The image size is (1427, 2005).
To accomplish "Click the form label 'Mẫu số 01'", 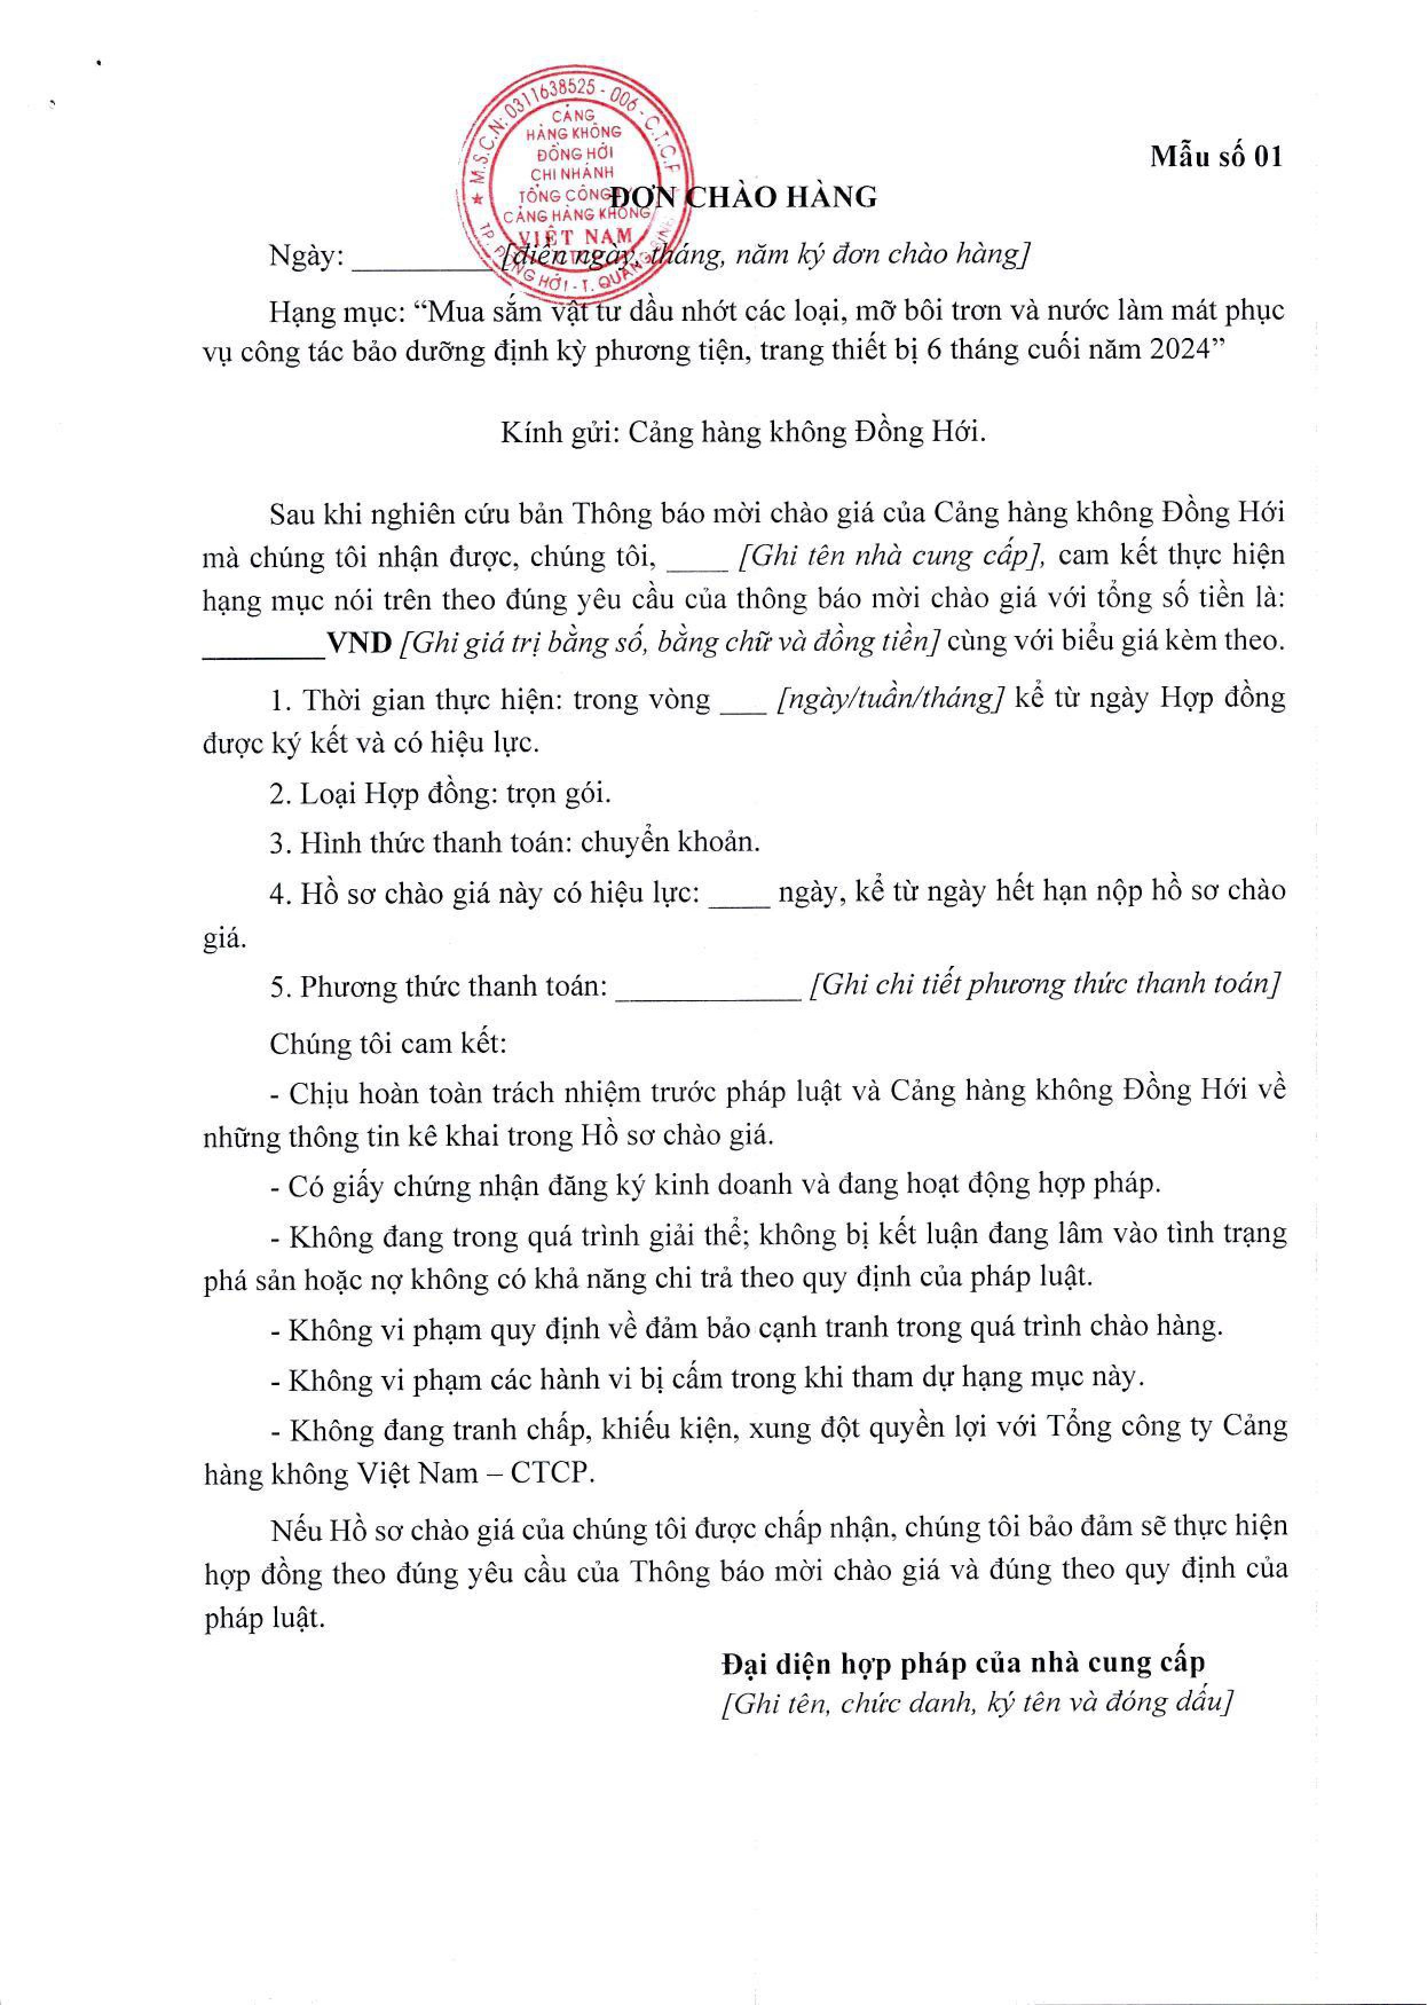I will tap(1217, 156).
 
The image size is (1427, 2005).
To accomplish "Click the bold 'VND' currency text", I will tap(358, 643).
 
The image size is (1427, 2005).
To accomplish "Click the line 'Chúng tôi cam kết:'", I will tap(388, 1044).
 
